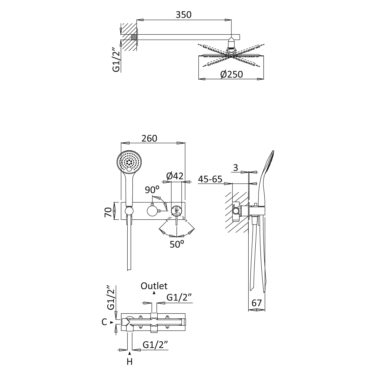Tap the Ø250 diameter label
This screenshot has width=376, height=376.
tap(231, 74)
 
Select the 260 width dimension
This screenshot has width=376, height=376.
tap(149, 138)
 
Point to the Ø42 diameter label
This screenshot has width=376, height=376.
tap(175, 175)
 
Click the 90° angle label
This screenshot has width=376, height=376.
tap(152, 190)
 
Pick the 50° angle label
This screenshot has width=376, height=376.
tap(177, 245)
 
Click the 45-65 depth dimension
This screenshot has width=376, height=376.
tap(210, 179)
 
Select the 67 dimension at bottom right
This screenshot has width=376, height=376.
tap(256, 303)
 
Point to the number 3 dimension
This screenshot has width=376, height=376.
tap(236, 168)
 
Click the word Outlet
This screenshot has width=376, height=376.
tap(154, 286)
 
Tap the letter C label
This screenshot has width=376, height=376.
tap(104, 322)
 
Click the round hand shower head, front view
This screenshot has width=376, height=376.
tap(129, 162)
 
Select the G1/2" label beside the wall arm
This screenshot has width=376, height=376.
tap(116, 59)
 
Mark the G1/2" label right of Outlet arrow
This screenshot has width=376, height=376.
tap(179, 297)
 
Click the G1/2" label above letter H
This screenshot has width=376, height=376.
tap(155, 345)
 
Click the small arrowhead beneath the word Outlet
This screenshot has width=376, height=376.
tap(154, 292)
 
